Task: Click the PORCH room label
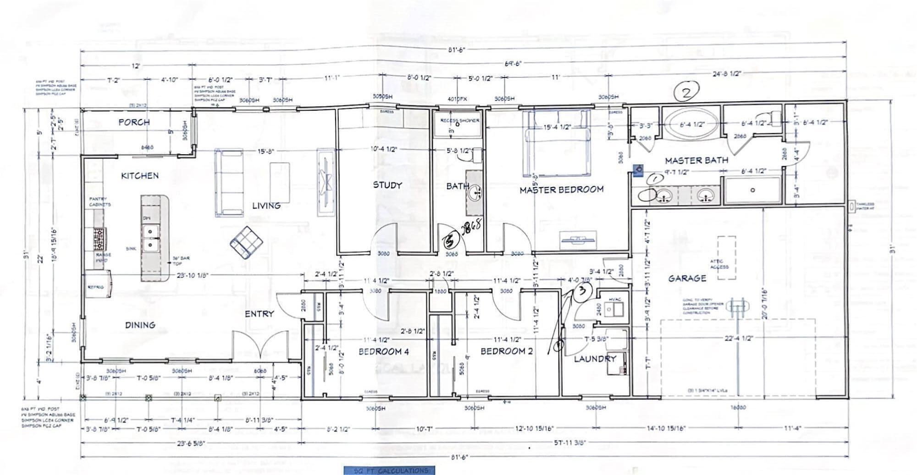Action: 134,122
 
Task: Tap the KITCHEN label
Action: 140,175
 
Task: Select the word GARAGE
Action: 686,278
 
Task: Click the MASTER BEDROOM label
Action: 561,189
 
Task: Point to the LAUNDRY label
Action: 595,359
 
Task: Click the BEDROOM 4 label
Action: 383,352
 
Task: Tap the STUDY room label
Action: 387,185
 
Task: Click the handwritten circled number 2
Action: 686,92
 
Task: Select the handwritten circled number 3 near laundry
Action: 582,291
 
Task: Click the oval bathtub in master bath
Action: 692,124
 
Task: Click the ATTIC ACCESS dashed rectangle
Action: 726,257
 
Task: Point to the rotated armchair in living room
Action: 247,241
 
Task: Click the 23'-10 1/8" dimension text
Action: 193,275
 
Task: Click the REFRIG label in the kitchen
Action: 95,287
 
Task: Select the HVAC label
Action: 614,299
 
